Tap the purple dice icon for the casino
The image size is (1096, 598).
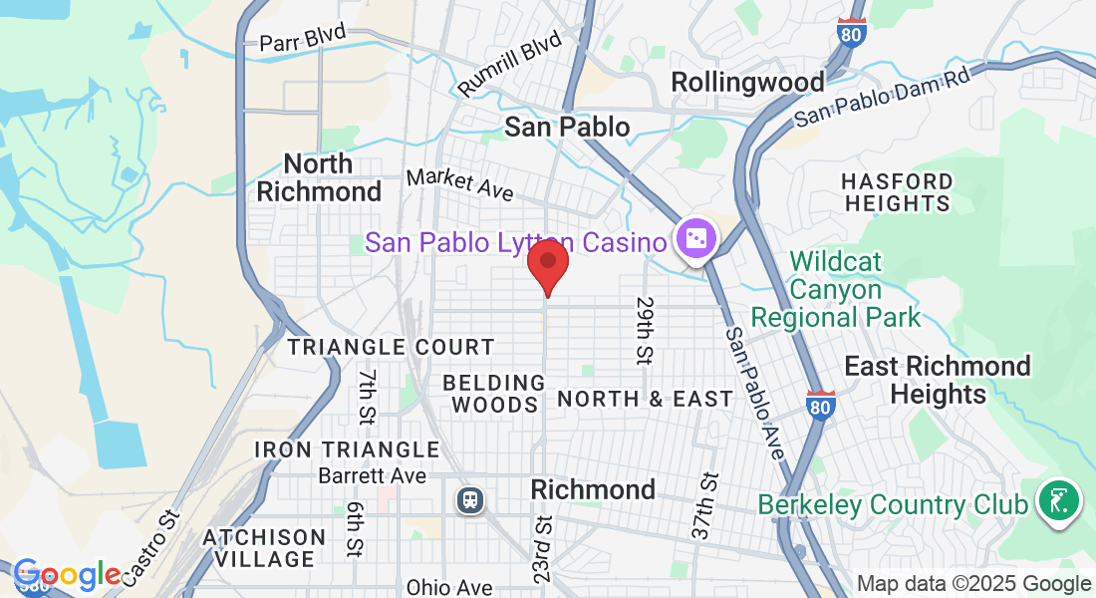pos(694,239)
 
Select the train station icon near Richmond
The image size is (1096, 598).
pos(469,499)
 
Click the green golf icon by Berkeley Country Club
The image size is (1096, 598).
pos(1058,499)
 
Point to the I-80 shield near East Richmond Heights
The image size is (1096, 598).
pos(821,405)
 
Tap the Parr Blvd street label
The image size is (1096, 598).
pos(302,38)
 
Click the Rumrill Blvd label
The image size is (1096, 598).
pos(511,66)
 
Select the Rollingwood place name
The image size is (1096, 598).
pos(747,82)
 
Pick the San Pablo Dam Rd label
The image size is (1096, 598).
pos(882,97)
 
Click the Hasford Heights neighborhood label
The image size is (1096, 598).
pos(897,192)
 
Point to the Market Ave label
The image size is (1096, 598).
pos(459,184)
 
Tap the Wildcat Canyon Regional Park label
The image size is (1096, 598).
pos(836,290)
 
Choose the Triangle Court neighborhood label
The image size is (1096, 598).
pos(391,347)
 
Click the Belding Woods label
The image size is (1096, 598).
pos(494,394)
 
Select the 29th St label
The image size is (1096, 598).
pos(645,328)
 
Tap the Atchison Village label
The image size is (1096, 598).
pos(264,548)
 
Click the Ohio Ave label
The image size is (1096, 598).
pos(449,588)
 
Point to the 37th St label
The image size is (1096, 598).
pos(704,506)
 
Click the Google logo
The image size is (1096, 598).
pos(67,575)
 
